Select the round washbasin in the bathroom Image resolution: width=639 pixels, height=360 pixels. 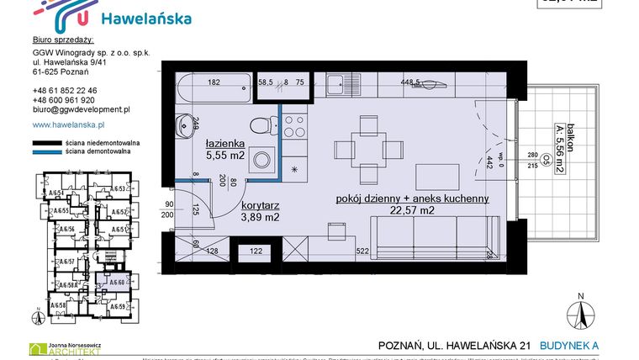click(x=185, y=127)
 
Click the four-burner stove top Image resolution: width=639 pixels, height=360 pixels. click(x=294, y=127)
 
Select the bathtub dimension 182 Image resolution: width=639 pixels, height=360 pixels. click(x=214, y=82)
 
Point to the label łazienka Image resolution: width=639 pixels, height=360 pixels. click(x=225, y=144)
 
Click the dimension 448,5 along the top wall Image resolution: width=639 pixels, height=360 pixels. click(x=410, y=82)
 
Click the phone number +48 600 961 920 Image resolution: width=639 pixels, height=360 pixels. click(x=64, y=99)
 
